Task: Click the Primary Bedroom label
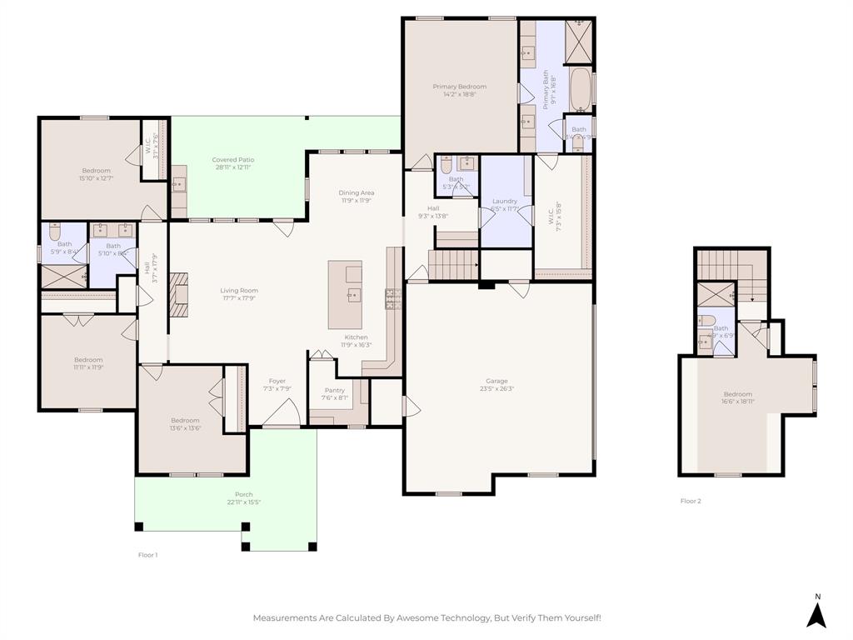coord(459,87)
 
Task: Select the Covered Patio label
coord(233,159)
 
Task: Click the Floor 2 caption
coord(691,501)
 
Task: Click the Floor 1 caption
coord(147,554)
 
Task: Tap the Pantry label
coord(334,390)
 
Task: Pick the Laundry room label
coord(505,201)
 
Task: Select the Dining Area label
coord(356,192)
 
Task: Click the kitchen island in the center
coord(345,295)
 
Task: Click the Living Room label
coord(239,291)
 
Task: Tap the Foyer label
coord(277,381)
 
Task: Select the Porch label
coord(243,494)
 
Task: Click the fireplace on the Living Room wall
coord(179,296)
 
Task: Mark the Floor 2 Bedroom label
coord(737,394)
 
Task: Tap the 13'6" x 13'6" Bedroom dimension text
coord(185,428)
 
